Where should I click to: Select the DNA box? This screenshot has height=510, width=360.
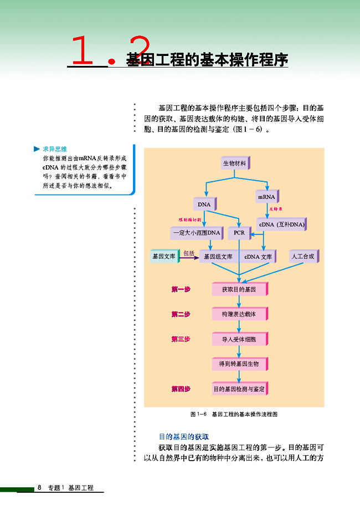(204, 205)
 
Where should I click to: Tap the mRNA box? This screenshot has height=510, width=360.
(266, 197)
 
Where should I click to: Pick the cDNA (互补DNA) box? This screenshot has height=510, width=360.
(281, 225)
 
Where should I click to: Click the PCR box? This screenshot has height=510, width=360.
(239, 233)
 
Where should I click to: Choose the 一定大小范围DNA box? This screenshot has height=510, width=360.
(196, 233)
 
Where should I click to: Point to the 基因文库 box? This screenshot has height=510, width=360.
(164, 257)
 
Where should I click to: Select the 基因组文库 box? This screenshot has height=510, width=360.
(218, 257)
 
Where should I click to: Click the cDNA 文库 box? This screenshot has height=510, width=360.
(258, 257)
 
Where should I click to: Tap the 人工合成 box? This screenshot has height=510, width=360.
(304, 257)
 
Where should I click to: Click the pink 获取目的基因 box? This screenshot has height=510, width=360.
(239, 289)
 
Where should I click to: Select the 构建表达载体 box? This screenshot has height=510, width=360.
(239, 314)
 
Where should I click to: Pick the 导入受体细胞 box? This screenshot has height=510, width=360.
(239, 339)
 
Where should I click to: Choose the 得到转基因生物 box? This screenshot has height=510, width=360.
(239, 364)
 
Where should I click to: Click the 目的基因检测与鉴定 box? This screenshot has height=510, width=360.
(239, 389)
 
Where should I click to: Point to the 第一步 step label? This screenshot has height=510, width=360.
(181, 289)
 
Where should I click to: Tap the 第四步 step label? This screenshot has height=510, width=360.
(181, 389)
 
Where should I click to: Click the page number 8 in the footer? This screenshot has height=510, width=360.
(40, 488)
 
